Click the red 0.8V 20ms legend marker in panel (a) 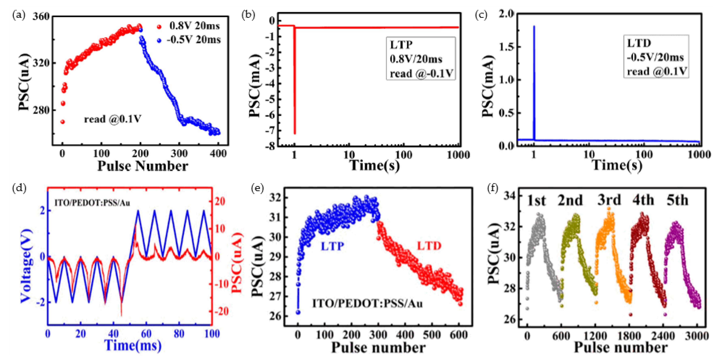point(159,27)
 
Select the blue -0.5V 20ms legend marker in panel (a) point(159,40)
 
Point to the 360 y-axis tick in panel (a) point(41,16)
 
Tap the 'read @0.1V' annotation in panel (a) point(113,119)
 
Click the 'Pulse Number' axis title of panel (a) point(143,166)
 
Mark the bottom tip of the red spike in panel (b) point(295,134)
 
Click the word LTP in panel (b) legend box point(401,45)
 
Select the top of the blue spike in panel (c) point(534,26)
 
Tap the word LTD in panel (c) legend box point(639,43)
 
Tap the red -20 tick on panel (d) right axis point(220,311)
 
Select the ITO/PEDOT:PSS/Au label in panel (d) point(92,203)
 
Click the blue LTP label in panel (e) point(332,246)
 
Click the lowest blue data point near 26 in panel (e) point(298,312)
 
